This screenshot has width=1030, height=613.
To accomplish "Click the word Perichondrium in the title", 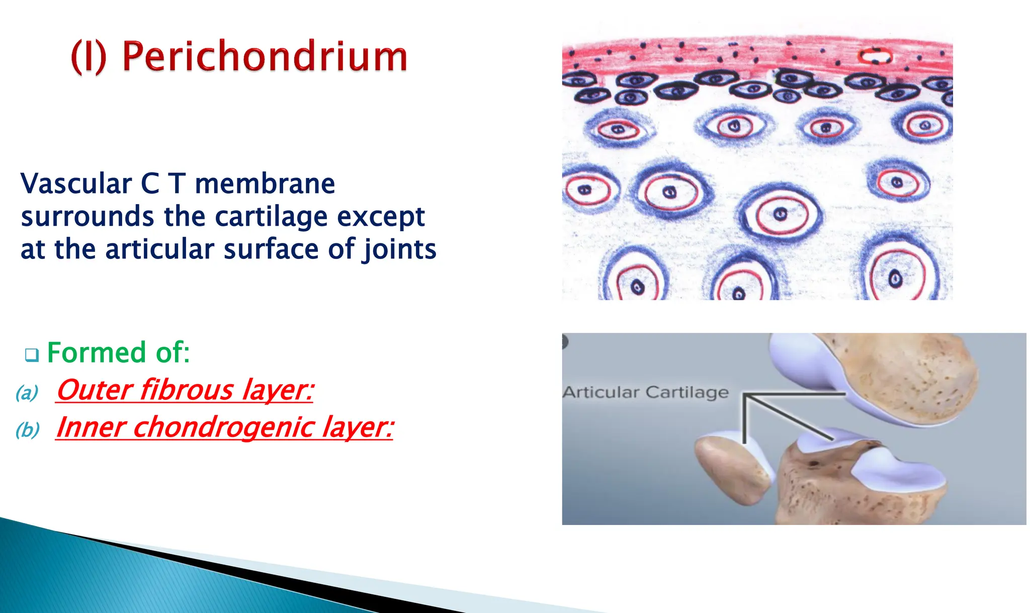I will coord(265,57).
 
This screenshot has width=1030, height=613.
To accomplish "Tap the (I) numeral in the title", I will coord(89,57).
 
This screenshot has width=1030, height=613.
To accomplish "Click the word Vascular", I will coord(76,184).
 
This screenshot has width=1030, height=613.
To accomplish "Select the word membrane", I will coord(265,184).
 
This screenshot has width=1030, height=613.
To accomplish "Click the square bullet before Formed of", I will coord(32,355).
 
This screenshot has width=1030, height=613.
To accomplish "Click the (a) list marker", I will coord(27,393).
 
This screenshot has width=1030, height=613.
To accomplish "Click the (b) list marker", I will coord(27,430).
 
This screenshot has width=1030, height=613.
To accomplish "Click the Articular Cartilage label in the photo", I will coord(645,392).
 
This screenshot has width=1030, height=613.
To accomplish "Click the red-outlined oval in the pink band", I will coord(876,56).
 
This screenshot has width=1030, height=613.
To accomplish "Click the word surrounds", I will coord(88,217).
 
